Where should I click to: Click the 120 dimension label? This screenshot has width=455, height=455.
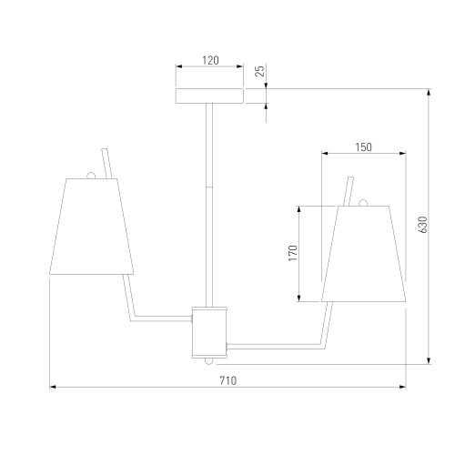(x=210, y=60)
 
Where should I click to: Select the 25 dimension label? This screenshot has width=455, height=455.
(x=260, y=71)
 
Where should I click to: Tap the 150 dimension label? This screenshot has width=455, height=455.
(x=363, y=147)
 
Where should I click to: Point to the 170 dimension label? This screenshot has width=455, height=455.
(x=293, y=253)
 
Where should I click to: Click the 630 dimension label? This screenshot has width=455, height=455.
(x=422, y=225)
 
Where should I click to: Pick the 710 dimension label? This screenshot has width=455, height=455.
(x=228, y=380)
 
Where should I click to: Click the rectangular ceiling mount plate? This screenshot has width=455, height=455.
(x=209, y=96)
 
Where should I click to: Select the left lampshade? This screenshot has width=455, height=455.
(x=92, y=227)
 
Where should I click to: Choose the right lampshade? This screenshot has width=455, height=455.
(x=364, y=254)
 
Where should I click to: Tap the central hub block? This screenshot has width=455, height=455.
(x=209, y=331)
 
